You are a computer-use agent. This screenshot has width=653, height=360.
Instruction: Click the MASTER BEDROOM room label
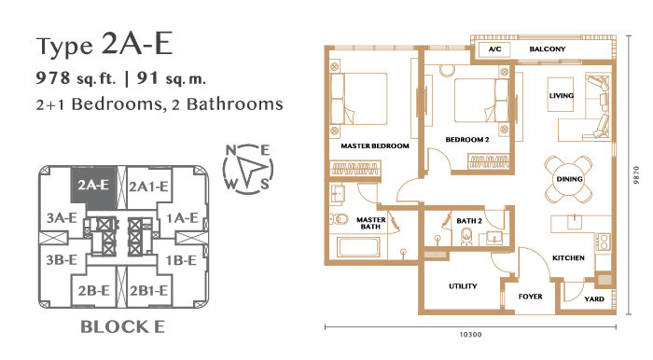pos(375,146)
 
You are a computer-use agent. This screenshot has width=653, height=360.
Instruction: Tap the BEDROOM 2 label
pos(467,139)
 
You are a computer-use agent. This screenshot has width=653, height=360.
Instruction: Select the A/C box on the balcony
pos(494,49)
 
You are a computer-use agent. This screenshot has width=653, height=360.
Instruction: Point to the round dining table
pos(569,179)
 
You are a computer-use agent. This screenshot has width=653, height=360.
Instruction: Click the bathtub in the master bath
pos(359,247)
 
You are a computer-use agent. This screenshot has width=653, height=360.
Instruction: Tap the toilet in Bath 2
pos(466,236)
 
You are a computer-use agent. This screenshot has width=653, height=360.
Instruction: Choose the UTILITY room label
pos(463,286)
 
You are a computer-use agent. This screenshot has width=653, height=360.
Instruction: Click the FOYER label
pos(530,297)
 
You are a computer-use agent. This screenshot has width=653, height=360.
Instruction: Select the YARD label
pos(594,298)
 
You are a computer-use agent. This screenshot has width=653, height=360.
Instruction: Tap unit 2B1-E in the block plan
pos(148,290)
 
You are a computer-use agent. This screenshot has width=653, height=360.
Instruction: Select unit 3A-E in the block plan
pos(62,217)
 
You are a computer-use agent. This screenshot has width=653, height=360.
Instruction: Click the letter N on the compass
pos(230,150)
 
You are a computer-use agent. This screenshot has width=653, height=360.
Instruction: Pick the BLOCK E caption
pos(122,326)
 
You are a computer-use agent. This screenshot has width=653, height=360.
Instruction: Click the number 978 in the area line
pos(53,77)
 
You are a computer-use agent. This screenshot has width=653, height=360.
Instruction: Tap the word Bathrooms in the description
pos(235,104)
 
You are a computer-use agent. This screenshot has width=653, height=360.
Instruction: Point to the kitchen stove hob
pos(603,242)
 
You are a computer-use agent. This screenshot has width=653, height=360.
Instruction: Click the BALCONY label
pos(548,49)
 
